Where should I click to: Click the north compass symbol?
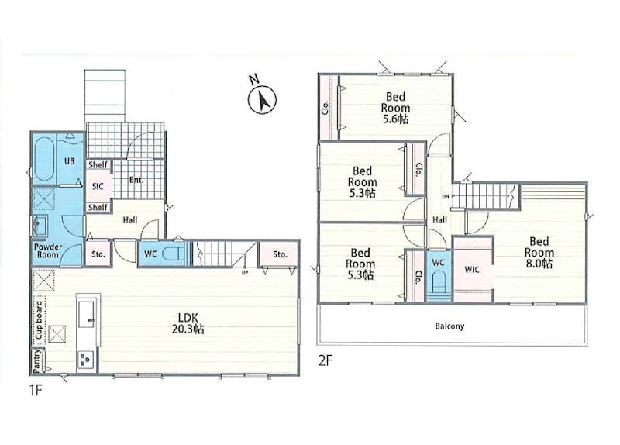click(262, 100)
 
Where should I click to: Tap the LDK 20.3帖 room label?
click(188, 323)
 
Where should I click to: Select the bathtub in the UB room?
click(44, 159)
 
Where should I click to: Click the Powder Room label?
click(48, 250)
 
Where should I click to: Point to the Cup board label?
click(40, 320)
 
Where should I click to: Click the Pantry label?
click(37, 360)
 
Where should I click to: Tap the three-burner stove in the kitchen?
click(86, 360)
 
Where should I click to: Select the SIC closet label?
click(98, 186)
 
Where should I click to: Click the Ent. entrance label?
click(136, 180)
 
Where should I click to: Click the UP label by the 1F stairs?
click(245, 272)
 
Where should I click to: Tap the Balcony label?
click(449, 326)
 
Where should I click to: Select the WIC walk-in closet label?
click(472, 270)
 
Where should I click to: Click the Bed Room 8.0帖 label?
click(539, 253)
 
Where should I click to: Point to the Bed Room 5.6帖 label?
click(395, 108)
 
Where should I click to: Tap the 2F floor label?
click(325, 360)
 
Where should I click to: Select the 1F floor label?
click(35, 391)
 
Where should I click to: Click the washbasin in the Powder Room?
click(40, 224)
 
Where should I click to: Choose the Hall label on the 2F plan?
click(439, 220)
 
